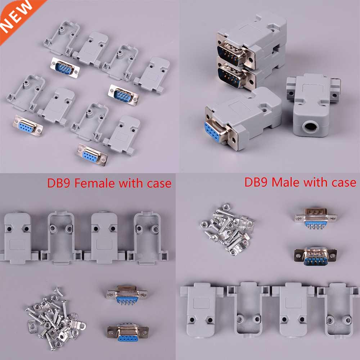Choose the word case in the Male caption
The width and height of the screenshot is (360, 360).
341,183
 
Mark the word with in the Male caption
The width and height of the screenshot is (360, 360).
312,183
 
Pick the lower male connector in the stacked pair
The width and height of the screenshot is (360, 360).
232,76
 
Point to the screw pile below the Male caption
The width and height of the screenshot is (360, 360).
227,229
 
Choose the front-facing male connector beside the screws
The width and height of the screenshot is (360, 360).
315,256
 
